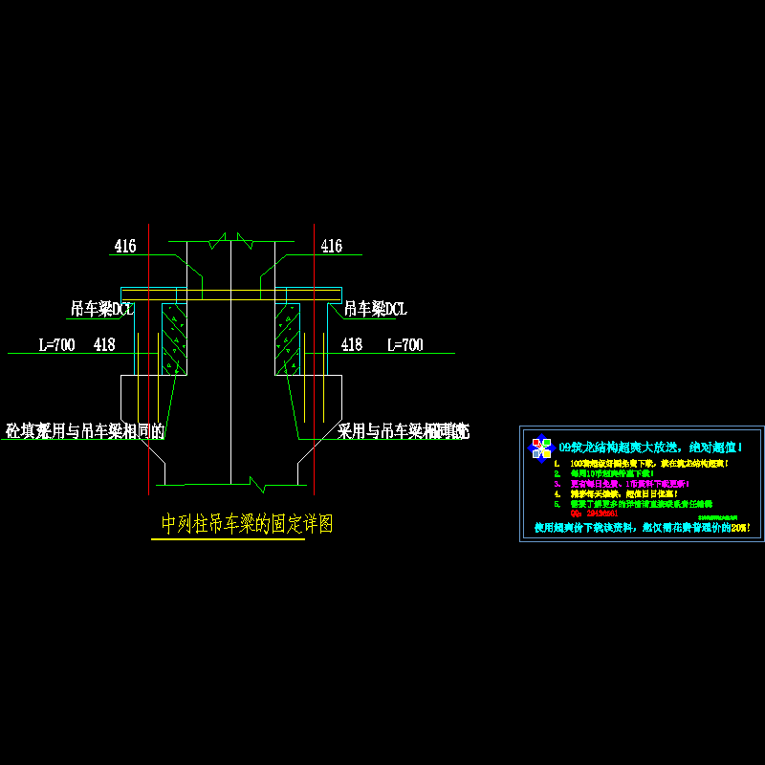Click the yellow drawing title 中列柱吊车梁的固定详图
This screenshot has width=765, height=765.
click(x=247, y=524)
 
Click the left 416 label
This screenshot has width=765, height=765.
click(x=125, y=247)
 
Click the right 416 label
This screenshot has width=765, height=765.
click(x=331, y=247)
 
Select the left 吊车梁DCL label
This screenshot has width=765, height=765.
click(x=101, y=309)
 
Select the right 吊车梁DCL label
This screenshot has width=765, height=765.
click(x=375, y=309)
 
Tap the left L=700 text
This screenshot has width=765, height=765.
click(x=56, y=345)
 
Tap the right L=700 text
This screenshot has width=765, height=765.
click(x=404, y=345)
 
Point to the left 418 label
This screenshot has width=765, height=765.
click(x=104, y=345)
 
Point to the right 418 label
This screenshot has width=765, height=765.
click(x=352, y=345)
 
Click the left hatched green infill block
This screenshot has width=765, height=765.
click(x=174, y=339)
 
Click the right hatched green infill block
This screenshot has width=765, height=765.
click(x=287, y=339)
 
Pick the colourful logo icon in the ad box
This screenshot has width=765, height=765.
click(x=541, y=447)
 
